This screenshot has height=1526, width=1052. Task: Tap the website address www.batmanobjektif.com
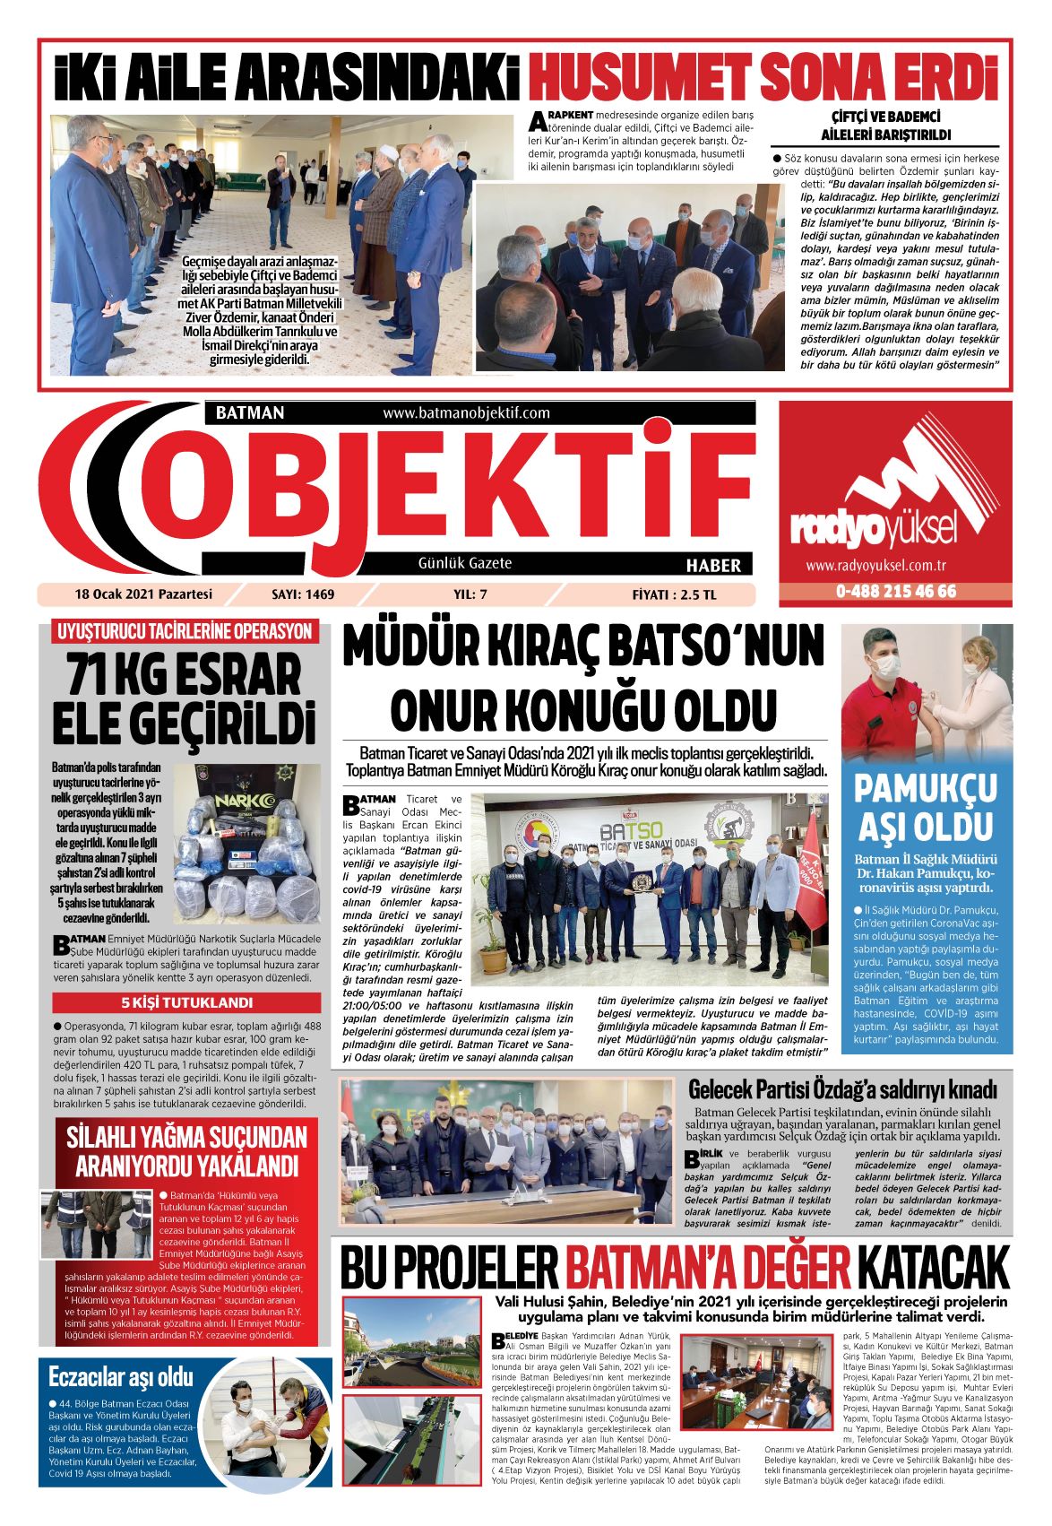click(x=466, y=413)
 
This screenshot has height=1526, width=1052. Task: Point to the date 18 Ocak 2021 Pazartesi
click(x=143, y=594)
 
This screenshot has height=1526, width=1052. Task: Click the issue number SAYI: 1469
click(x=302, y=594)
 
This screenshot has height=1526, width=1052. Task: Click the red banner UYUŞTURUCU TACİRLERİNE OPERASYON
click(x=185, y=630)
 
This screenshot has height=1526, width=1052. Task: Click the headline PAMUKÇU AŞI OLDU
click(x=926, y=807)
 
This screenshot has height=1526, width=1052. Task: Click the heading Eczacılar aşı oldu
click(x=121, y=1376)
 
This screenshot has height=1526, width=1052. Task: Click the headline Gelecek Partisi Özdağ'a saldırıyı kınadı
click(x=841, y=1089)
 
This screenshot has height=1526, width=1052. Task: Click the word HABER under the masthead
click(x=713, y=565)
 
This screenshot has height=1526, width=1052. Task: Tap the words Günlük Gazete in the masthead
click(x=465, y=563)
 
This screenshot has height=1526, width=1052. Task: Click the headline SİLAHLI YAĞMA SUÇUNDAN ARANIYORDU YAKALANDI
click(x=186, y=1152)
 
